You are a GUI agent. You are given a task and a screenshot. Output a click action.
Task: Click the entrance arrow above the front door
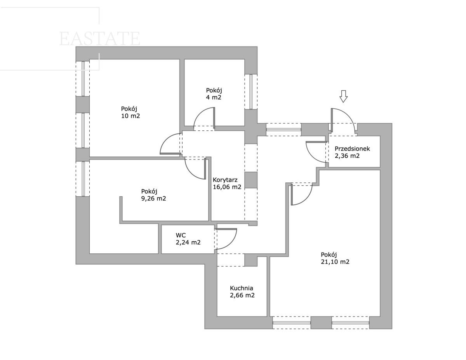pyautogui.click(x=343, y=96)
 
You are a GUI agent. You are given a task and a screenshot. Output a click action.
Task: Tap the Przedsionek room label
pyautogui.click(x=352, y=149)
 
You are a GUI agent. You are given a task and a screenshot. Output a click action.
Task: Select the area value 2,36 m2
pyautogui.click(x=347, y=156)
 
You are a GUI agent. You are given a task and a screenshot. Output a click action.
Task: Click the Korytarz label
pyautogui.click(x=225, y=180)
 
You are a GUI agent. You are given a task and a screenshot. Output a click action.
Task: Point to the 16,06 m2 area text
pyautogui.click(x=227, y=187)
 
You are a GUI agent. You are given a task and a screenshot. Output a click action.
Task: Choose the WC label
pyautogui.click(x=181, y=235)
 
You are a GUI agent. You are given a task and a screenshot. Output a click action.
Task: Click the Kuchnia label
pyautogui.click(x=242, y=288)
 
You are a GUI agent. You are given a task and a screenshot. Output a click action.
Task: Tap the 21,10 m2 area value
pyautogui.click(x=335, y=262)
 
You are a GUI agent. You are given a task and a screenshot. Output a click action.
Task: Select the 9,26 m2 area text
pyautogui.click(x=153, y=199)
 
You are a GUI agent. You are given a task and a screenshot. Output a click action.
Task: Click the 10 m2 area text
pyautogui.click(x=130, y=116)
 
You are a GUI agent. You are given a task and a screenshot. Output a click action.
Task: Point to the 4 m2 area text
pyautogui.click(x=213, y=97)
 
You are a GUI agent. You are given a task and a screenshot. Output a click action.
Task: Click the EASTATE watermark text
pyautogui.click(x=99, y=38)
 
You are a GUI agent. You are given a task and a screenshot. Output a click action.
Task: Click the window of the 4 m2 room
pyautogui.click(x=251, y=92)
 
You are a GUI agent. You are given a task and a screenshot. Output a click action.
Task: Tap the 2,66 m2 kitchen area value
pyautogui.click(x=242, y=295)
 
